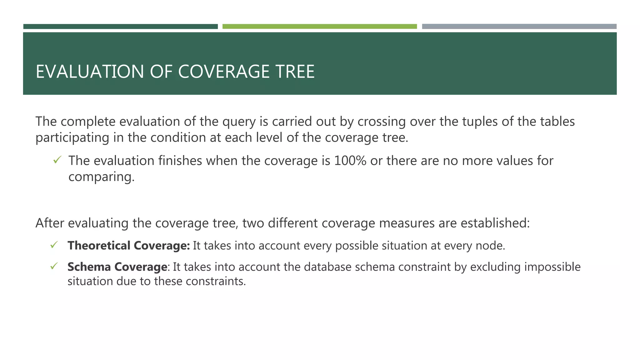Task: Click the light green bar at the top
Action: [319, 27]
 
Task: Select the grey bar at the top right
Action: [519, 27]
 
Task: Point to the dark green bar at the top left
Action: [120, 27]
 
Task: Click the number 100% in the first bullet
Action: [350, 161]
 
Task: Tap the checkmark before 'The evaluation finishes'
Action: [57, 160]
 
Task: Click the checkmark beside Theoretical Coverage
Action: [54, 245]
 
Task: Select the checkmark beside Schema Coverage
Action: [54, 266]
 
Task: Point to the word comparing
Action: [101, 177]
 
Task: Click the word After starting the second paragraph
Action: [50, 223]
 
